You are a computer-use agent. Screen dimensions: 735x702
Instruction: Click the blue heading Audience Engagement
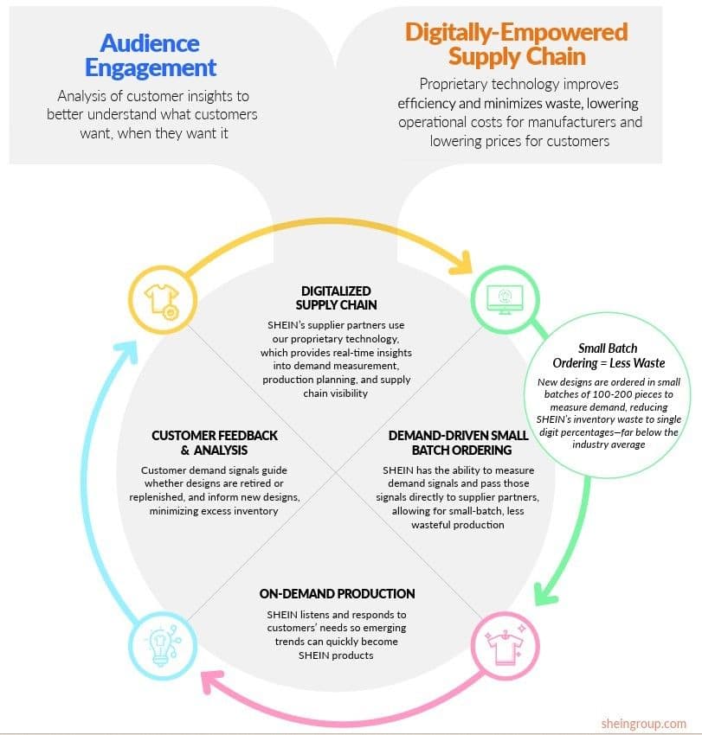click(x=151, y=54)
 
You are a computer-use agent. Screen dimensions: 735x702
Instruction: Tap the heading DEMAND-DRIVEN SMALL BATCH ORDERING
click(x=456, y=443)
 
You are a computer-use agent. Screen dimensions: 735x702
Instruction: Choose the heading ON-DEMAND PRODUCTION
click(x=337, y=594)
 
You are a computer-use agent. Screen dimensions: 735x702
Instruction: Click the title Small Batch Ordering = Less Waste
click(x=608, y=356)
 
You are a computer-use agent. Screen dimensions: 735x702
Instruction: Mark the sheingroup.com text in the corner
click(x=643, y=722)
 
